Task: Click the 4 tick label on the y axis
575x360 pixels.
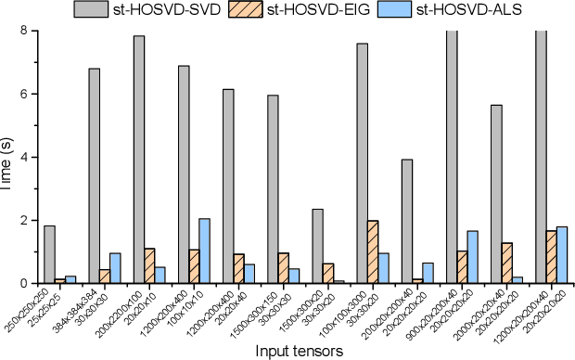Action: (x=24, y=157)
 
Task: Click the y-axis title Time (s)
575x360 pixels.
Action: (x=8, y=157)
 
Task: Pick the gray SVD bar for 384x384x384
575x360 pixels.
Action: (x=94, y=175)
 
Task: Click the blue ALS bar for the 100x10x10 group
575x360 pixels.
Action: (x=205, y=251)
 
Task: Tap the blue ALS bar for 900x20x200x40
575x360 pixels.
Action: (x=473, y=257)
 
